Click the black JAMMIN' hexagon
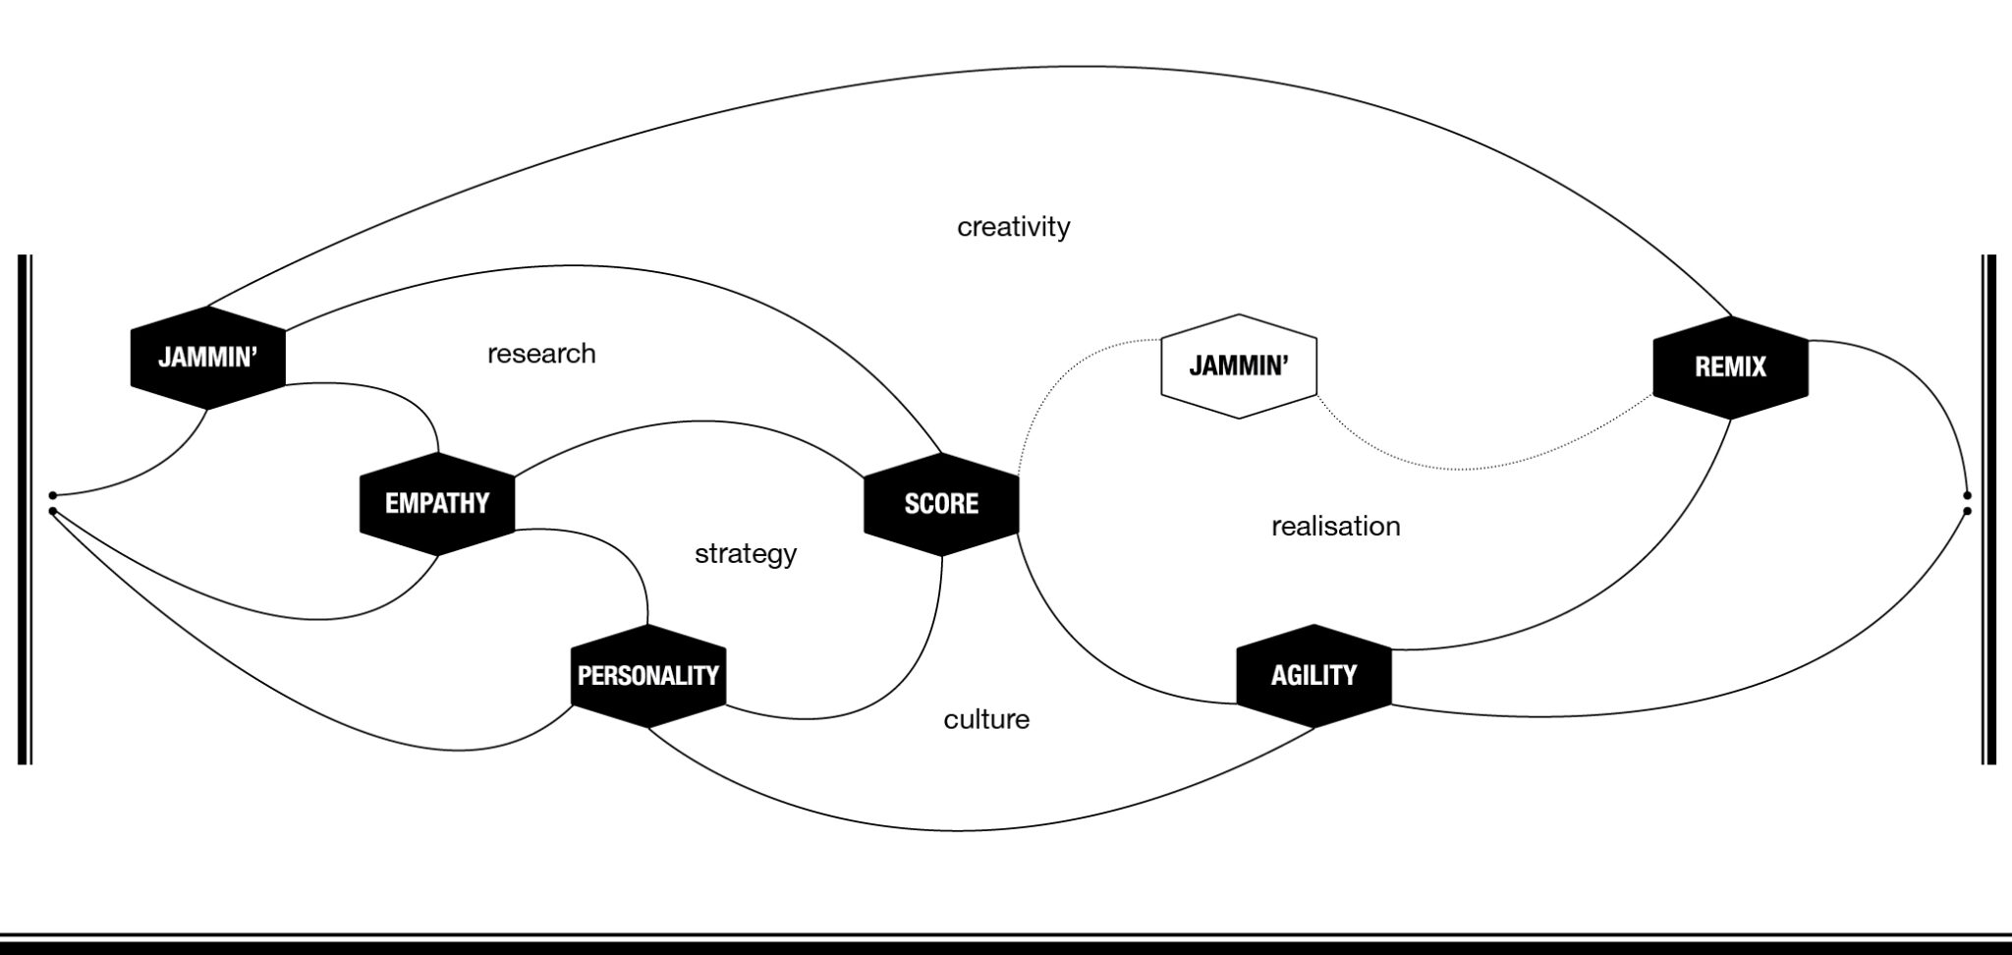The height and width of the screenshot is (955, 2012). [207, 358]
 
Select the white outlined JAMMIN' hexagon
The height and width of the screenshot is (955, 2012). [1239, 366]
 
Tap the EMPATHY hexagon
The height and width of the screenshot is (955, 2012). [437, 504]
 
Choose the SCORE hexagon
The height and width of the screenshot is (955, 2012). [941, 504]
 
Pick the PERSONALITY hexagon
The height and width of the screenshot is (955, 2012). [648, 676]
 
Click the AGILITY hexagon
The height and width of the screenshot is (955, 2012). [1313, 676]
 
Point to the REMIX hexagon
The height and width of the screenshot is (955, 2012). [1730, 367]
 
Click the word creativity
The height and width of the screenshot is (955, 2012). [1013, 227]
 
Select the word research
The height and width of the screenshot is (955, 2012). [541, 354]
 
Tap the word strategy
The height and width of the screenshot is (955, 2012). [746, 554]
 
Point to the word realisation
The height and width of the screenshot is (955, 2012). [1335, 527]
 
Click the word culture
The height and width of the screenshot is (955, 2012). [986, 720]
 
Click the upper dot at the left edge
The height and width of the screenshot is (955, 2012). [53, 495]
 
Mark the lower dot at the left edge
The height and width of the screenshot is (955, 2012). [53, 511]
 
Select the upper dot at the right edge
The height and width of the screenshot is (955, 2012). [1966, 495]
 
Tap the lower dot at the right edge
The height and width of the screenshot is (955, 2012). [1966, 511]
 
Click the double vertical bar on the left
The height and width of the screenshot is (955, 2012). [25, 509]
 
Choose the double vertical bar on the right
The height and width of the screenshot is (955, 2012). [1989, 509]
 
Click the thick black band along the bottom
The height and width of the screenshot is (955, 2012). [1006, 947]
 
